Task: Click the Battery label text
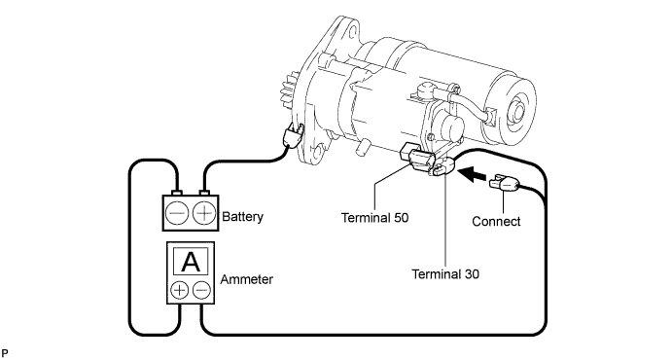242,216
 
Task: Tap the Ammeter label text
246,279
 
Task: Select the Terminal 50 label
375,218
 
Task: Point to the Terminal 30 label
445,274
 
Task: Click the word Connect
496,222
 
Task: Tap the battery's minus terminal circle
177,213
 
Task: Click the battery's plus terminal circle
204,213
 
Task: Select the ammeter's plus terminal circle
180,291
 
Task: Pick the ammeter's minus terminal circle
201,291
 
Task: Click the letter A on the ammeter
191,262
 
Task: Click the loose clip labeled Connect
505,183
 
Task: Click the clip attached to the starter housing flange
293,135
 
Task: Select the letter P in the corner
4,354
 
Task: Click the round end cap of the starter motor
517,113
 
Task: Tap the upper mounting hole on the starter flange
352,32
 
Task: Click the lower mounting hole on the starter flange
318,152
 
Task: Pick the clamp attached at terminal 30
442,166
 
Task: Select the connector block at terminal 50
415,160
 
